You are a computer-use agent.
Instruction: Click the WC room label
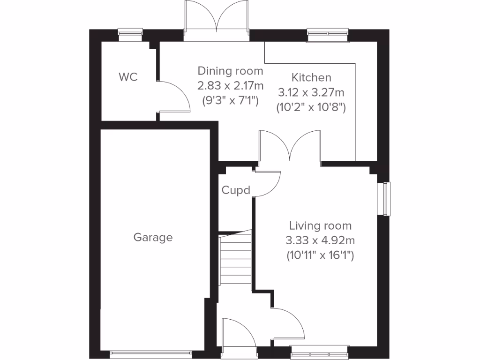pos(128,77)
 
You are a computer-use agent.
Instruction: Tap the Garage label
pos(153,237)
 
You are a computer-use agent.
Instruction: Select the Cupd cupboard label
pos(236,190)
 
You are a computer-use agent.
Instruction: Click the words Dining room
pos(230,71)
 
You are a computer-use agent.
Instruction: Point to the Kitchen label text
pos(311,77)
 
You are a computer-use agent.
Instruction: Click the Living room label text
pos(320,225)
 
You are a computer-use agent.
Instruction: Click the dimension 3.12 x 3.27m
pos(311,92)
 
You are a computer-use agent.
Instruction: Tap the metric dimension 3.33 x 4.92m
pos(320,241)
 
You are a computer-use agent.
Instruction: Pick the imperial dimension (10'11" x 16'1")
pos(320,256)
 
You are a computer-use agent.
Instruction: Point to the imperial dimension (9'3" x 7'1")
pos(230,100)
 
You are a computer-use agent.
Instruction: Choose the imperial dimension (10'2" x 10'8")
pos(311,107)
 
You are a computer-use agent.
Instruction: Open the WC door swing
pos(175,96)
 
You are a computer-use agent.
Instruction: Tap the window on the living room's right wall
pos(386,199)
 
